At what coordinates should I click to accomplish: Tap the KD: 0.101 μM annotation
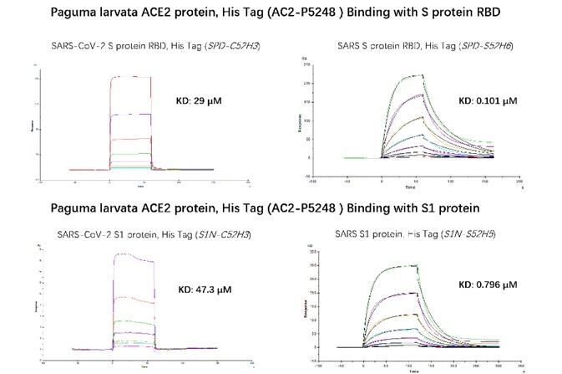[x=489, y=101]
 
